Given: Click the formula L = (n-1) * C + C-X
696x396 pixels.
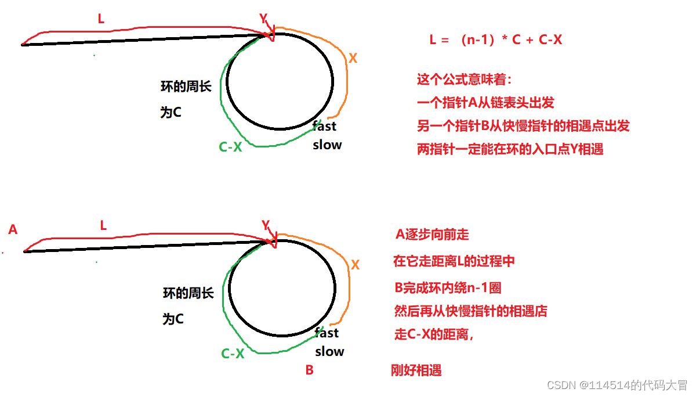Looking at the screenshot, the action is coord(495,40).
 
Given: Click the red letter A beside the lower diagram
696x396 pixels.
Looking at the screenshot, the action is coord(13,230).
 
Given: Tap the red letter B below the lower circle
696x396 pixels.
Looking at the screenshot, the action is coord(309,370).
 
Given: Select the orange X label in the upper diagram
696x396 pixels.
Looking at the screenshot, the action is coord(353,58).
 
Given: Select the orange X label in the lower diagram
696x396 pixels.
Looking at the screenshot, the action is coord(356,265).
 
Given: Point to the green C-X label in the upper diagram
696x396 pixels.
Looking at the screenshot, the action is coord(230,147).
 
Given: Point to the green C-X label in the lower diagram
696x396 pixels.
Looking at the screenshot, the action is coord(233,353).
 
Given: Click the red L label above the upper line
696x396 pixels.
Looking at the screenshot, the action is coord(101,19).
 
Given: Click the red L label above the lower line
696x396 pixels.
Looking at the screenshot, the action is coord(103,226).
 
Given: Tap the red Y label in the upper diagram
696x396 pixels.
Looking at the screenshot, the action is coord(263,19).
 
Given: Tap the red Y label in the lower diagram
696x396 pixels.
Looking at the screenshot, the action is coord(266,225).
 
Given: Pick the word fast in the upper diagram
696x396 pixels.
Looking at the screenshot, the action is coord(324,126).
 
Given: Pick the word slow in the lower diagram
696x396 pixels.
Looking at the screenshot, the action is coord(329,351).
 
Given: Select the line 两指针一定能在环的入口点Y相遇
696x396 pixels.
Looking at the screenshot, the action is coord(510,149).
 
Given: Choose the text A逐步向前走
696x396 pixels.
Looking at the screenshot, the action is coord(432,235).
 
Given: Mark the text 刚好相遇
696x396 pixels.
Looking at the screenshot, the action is coord(416,370).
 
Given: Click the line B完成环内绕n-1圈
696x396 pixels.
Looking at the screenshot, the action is coord(447,287).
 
